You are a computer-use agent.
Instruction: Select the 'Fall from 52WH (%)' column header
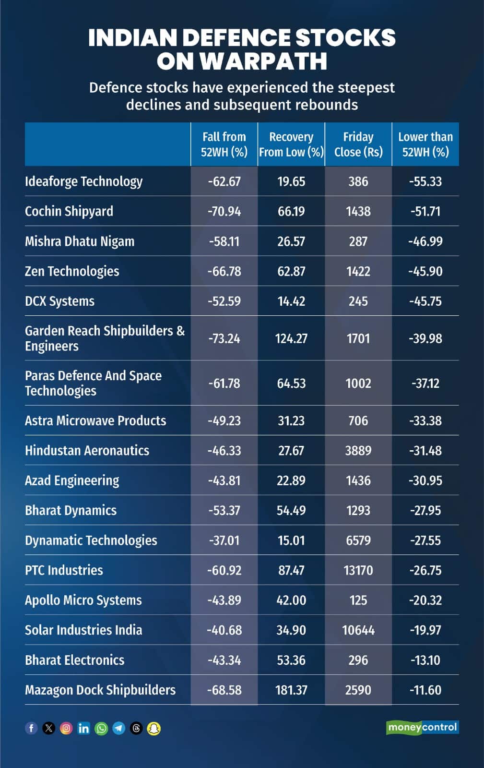point(224,144)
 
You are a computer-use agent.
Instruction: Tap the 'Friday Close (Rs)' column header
point(358,144)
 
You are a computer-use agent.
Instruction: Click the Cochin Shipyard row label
point(69,211)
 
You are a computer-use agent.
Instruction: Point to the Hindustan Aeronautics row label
point(87,450)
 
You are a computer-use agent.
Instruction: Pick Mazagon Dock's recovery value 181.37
point(291,690)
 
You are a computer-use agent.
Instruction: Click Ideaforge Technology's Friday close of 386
point(358,181)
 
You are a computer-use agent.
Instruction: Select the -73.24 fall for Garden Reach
point(224,338)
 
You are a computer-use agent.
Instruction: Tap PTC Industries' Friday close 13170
point(358,570)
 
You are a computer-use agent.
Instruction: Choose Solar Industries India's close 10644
point(358,630)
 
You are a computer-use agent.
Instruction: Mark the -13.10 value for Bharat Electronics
point(425,660)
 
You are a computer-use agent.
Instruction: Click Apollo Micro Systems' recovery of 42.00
point(291,600)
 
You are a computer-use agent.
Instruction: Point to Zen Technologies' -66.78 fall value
point(224,271)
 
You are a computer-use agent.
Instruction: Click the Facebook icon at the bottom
point(31,728)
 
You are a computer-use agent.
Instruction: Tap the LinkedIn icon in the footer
point(83,728)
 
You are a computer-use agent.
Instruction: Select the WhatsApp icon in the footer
point(101,728)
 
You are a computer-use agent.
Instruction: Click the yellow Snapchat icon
point(153,728)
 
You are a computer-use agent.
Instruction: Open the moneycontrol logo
point(422,727)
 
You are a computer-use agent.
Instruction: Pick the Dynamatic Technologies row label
point(91,540)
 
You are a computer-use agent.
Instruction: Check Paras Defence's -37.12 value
point(425,383)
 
